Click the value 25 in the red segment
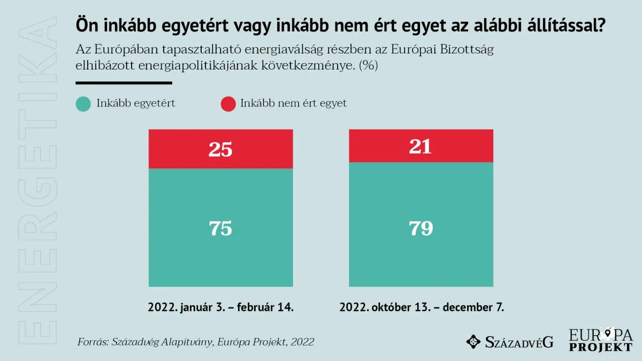[220, 150]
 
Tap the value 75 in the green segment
[220, 228]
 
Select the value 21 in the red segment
[421, 146]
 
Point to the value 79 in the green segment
[421, 228]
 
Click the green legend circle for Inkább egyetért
[83, 104]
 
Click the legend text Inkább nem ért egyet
[293, 103]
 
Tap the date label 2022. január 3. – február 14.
[221, 308]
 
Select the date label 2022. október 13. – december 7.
[422, 308]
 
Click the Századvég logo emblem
[473, 341]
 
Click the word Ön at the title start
[86, 26]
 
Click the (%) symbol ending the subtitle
[369, 66]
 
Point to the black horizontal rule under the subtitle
[124, 83]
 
